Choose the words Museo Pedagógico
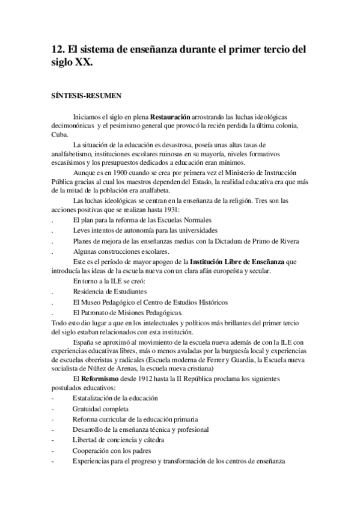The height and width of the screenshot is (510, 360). [x=112, y=302]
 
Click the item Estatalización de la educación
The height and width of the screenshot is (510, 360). [x=115, y=398]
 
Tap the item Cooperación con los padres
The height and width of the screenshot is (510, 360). [x=112, y=450]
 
